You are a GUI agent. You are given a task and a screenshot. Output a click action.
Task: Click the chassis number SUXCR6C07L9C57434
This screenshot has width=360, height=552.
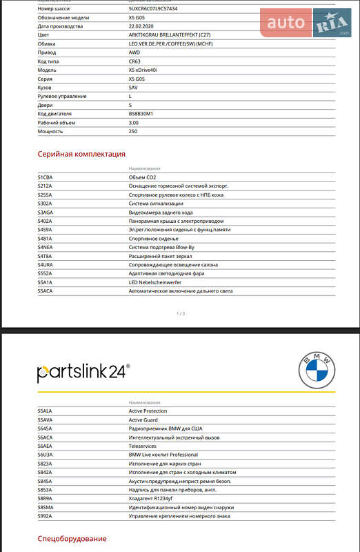pyautogui.click(x=152, y=9)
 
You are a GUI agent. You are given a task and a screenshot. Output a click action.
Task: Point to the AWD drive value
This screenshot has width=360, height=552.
pyautogui.click(x=134, y=52)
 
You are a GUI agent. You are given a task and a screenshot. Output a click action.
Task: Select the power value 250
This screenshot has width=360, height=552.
pyautogui.click(x=133, y=131)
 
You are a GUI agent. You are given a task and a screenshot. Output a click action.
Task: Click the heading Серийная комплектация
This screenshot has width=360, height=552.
pyautogui.click(x=81, y=154)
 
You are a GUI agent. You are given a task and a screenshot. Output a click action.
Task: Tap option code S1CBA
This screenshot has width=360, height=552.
pyautogui.click(x=45, y=177)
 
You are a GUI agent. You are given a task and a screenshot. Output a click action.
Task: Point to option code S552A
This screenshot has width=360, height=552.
pyautogui.click(x=45, y=273)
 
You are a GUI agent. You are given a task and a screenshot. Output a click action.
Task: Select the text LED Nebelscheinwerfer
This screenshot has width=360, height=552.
pyautogui.click(x=156, y=282)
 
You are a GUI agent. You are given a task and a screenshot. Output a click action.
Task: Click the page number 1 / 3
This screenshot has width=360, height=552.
pyautogui.click(x=181, y=313)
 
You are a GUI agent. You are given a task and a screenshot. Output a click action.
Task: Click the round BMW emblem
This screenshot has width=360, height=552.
pyautogui.click(x=317, y=372)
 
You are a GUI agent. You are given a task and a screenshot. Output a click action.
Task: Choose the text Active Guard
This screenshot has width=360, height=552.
pyautogui.click(x=144, y=420)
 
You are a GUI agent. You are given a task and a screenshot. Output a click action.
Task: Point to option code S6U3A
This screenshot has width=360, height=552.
pyautogui.click(x=45, y=455)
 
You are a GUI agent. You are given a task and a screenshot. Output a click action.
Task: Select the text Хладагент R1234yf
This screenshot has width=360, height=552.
pyautogui.click(x=151, y=498)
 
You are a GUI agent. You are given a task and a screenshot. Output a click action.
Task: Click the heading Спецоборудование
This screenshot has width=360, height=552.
pyautogui.click(x=72, y=538)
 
